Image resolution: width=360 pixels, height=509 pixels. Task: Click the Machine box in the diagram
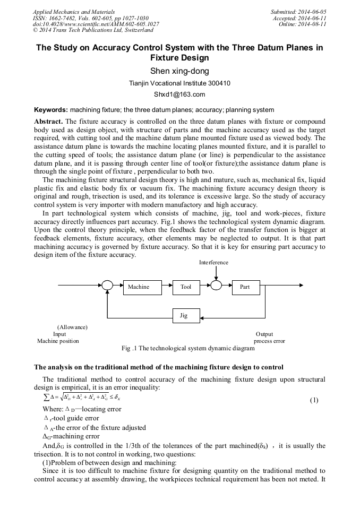click(x=139, y=287)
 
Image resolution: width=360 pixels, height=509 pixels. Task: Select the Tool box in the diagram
click(x=186, y=287)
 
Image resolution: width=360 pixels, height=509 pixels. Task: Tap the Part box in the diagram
click(x=245, y=287)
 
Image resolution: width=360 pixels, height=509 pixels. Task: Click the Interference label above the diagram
click(x=214, y=262)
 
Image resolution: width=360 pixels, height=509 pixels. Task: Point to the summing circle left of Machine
click(x=107, y=286)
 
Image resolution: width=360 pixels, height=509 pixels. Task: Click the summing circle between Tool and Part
click(x=216, y=286)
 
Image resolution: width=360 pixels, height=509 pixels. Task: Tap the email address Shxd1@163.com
click(x=179, y=95)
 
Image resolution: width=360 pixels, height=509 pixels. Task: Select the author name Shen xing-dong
click(x=179, y=71)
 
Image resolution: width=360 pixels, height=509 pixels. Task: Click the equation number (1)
click(x=314, y=400)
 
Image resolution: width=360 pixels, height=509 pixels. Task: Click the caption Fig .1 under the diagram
click(x=188, y=349)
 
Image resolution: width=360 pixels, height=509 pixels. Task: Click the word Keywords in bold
click(x=51, y=110)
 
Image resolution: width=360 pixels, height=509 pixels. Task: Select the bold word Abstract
click(x=48, y=122)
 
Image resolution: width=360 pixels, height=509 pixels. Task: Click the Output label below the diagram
click(x=264, y=334)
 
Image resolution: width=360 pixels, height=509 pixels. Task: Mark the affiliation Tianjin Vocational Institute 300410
click(x=179, y=84)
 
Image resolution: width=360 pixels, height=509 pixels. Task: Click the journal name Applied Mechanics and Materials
click(x=74, y=12)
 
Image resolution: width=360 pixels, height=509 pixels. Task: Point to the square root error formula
click(x=83, y=397)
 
